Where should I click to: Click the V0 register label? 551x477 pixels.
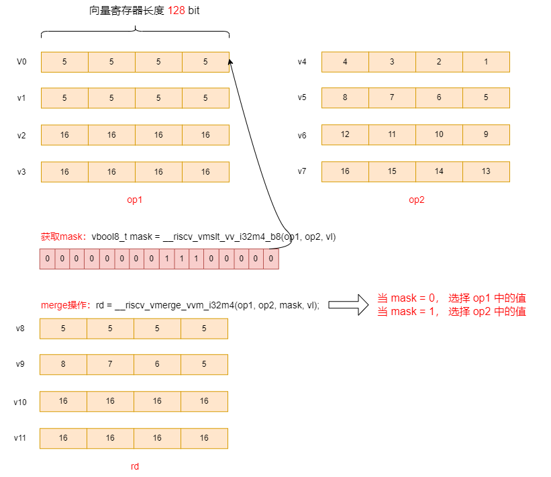(x=21, y=62)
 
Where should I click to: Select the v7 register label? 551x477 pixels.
(x=302, y=171)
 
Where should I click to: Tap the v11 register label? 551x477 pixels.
(x=20, y=438)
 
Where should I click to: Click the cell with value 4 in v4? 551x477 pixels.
(x=345, y=62)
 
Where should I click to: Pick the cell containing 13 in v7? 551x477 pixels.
(x=486, y=171)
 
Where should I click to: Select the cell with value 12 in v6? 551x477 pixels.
(x=345, y=134)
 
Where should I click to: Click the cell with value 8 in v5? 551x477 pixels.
(x=345, y=97)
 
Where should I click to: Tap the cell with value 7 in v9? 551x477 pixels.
(x=110, y=365)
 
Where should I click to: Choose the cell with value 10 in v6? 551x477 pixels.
(x=439, y=134)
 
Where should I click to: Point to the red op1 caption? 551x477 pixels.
(x=135, y=200)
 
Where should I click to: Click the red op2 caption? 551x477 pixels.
(x=416, y=200)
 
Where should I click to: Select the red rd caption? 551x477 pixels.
(x=135, y=466)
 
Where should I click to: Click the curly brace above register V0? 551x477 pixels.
(x=135, y=32)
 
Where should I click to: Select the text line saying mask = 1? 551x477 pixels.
(x=452, y=312)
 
